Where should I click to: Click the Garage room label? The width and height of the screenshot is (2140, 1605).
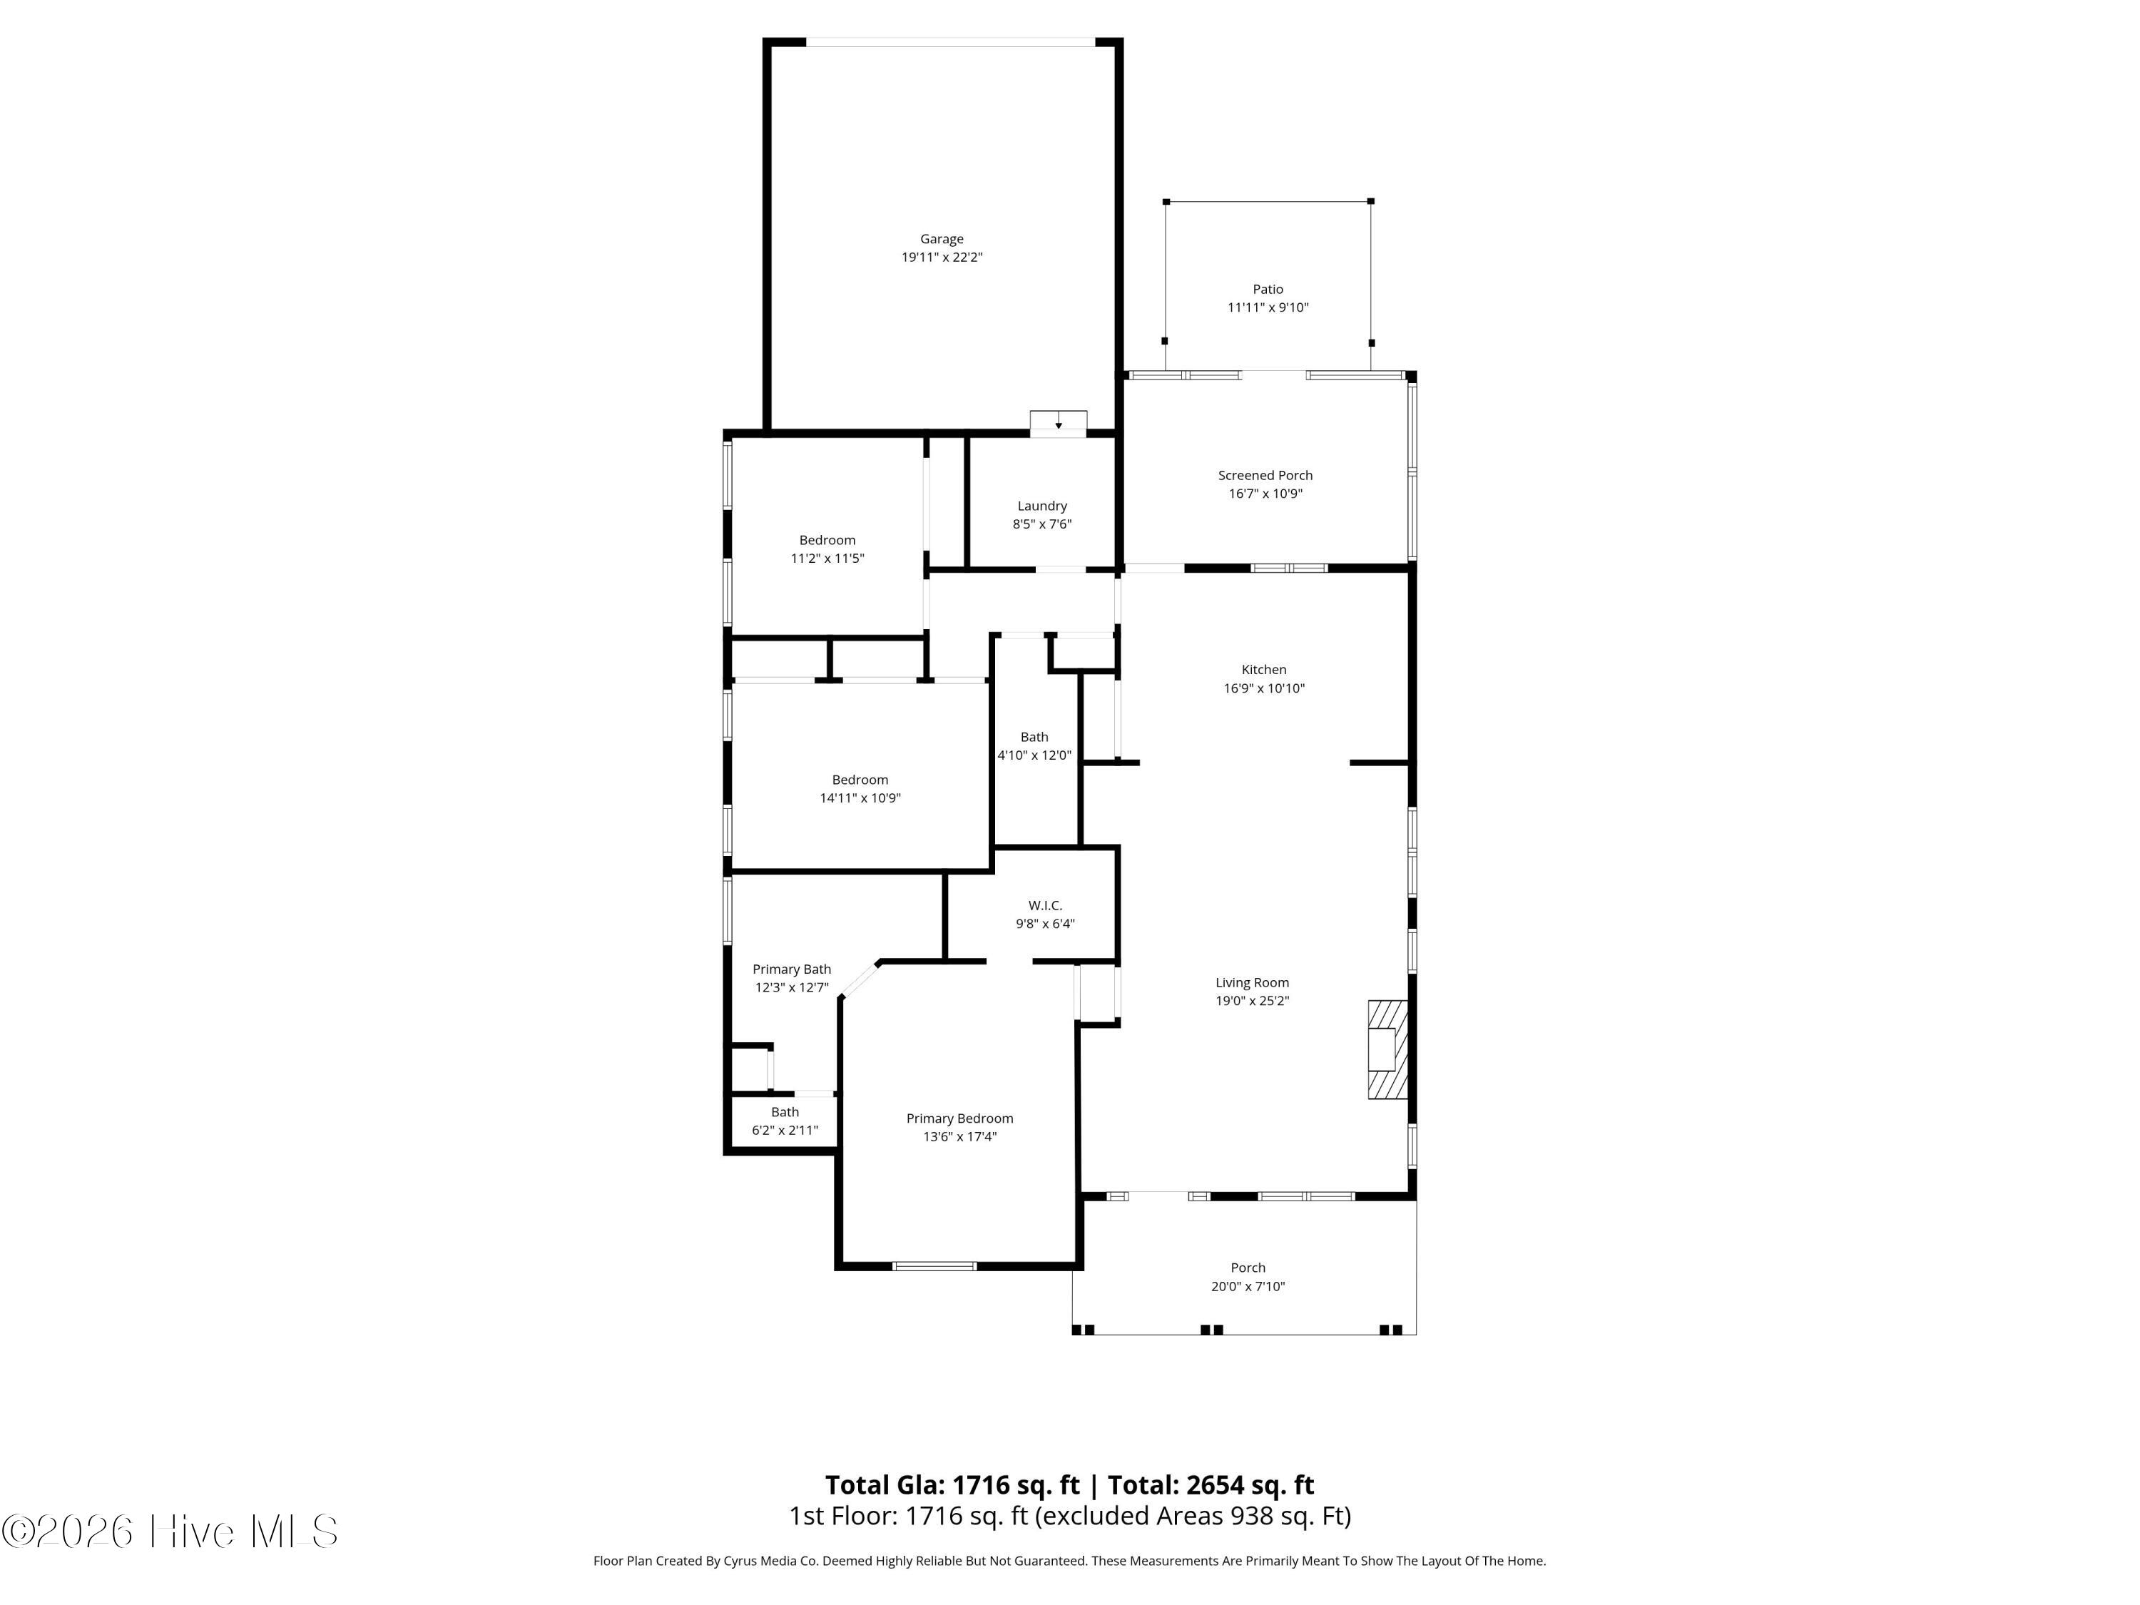(942, 239)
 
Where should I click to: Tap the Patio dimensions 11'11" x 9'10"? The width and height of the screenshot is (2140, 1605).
(1268, 307)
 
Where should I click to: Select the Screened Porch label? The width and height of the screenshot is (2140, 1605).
(1265, 475)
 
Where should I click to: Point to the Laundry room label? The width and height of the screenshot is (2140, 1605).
(1042, 506)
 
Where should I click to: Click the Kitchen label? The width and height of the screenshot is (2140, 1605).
(1263, 670)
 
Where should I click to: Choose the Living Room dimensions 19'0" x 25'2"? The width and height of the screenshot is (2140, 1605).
(1252, 1002)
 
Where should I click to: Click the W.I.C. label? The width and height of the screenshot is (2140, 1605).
(1045, 905)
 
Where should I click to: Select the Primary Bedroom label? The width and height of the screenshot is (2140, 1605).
(959, 1119)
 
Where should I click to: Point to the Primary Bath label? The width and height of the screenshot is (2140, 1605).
(791, 969)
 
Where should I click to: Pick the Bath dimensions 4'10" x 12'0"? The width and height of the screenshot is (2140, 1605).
(1034, 755)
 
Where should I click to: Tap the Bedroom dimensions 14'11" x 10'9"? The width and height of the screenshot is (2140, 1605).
(860, 798)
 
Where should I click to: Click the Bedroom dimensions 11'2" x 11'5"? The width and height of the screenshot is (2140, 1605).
(827, 559)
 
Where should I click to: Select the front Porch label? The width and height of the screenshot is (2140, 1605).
(1248, 1268)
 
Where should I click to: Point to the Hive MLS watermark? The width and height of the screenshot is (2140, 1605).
(170, 1532)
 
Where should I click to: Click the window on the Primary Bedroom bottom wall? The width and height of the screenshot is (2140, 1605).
(934, 1265)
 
